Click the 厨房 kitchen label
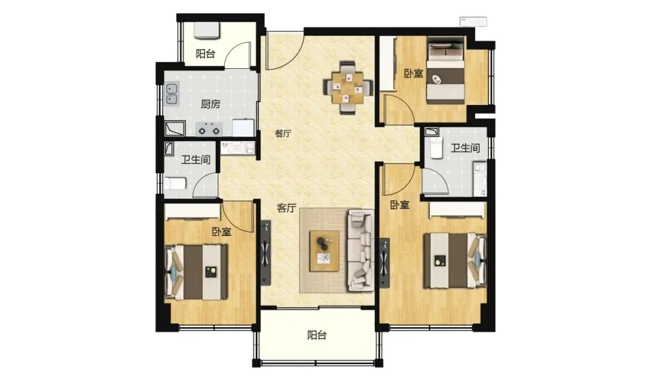210,104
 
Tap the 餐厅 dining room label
283,134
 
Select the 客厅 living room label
287,208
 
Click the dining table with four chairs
348,88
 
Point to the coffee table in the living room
324,251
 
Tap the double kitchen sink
172,94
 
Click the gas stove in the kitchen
209,129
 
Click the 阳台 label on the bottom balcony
317,336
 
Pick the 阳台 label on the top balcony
206,54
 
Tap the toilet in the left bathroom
176,183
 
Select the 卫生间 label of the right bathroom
465,148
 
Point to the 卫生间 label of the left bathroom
195,159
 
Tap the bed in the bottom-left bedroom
197,272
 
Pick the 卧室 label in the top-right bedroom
414,74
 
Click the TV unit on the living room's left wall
266,253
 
